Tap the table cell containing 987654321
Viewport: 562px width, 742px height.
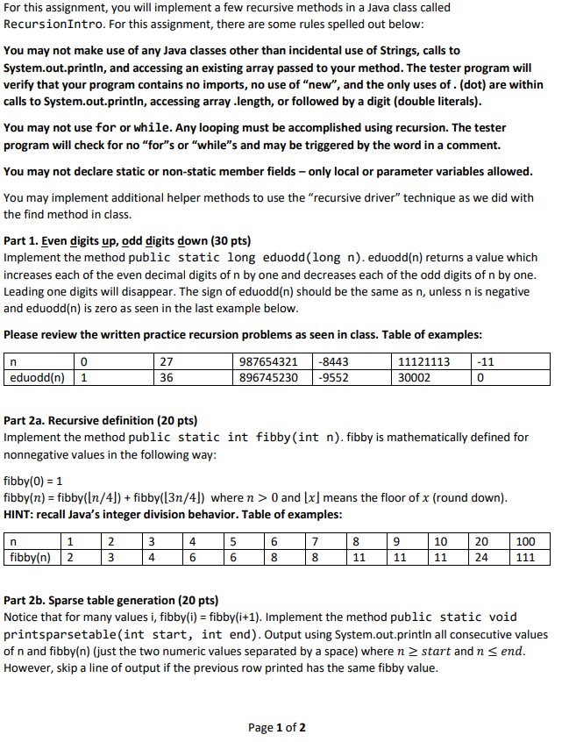[269, 361]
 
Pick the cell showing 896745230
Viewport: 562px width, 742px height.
[269, 377]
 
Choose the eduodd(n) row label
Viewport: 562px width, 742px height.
[36, 377]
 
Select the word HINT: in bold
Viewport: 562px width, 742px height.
[20, 513]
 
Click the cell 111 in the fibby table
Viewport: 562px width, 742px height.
[525, 556]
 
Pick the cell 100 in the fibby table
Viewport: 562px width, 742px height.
[525, 540]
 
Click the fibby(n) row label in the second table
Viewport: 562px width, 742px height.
[30, 556]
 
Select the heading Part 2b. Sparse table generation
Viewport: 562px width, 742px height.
[110, 601]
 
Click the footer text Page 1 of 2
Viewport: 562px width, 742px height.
[277, 727]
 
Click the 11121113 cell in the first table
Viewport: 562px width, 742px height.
[424, 361]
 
